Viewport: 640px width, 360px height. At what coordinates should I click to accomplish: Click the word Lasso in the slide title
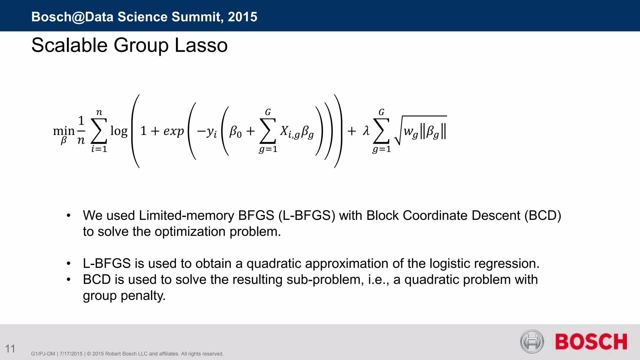201,45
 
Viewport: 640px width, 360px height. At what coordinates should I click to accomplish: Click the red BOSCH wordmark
591,342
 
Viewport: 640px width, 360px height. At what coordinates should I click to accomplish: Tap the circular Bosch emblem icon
532,342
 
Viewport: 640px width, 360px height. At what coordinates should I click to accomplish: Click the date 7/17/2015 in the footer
71,354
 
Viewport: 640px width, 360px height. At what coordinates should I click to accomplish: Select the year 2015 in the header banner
242,17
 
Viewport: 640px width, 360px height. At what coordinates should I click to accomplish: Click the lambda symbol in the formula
366,131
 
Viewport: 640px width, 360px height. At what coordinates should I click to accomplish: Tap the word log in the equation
119,131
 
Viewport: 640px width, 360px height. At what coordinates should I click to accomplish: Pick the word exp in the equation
173,131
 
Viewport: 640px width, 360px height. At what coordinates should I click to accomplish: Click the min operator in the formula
64,131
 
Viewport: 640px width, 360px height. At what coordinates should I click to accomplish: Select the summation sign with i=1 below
99,131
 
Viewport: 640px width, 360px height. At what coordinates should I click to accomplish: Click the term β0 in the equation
235,132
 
